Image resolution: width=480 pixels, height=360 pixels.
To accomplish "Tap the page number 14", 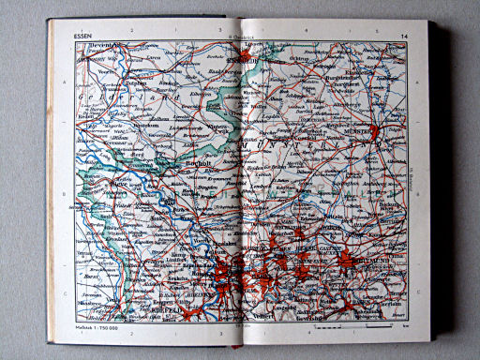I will pyautogui.click(x=403, y=37).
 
